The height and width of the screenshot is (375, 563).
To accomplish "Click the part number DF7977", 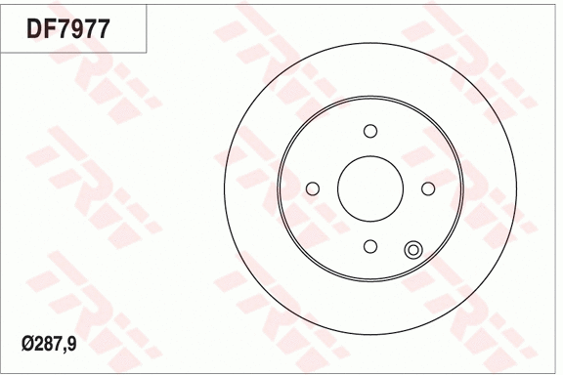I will tap(67, 28).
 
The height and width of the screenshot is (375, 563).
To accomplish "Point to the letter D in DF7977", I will tap(32, 28).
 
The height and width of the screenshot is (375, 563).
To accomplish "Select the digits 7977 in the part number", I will tap(83, 28).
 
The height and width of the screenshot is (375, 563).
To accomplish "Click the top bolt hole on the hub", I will tap(370, 132).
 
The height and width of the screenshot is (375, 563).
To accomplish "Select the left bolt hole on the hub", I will tap(313, 188).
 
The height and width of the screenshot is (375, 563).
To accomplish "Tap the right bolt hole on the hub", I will tap(428, 188).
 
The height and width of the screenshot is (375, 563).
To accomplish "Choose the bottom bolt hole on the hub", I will tap(370, 246).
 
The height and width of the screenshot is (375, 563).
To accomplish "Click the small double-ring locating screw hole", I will tap(412, 250).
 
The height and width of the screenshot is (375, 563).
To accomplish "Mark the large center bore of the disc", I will tap(370, 188).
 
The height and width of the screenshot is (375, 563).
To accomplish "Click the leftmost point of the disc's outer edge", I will tap(224, 188).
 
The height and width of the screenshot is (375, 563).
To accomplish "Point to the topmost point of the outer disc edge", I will tap(370, 42).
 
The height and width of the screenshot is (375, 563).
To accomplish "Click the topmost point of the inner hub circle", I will tap(370, 97).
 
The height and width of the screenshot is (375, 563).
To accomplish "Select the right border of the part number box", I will tap(147, 27).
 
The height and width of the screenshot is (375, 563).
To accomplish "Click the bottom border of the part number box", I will tap(74, 52).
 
